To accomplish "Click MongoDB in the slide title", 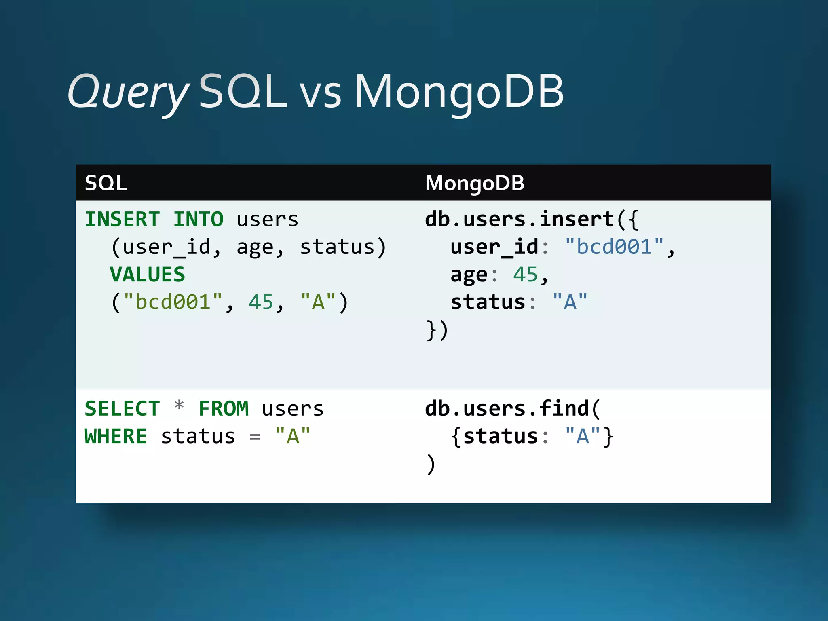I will [459, 92].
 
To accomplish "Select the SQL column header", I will [106, 183].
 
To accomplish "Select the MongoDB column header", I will [475, 183].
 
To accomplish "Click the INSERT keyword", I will [123, 220].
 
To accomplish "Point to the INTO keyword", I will [198, 220].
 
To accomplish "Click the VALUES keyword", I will [148, 275].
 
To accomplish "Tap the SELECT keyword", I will [123, 409].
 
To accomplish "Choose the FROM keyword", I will [224, 409].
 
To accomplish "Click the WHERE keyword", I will [116, 437].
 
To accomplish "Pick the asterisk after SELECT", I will [179, 406].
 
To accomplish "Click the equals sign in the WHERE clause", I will [255, 437].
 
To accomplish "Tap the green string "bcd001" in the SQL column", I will [173, 302].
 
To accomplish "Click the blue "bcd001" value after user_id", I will [614, 247].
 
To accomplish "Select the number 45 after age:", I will [525, 275].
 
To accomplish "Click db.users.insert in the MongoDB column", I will [520, 220].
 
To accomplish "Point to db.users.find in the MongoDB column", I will [507, 409].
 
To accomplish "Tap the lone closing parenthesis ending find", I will [431, 464].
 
